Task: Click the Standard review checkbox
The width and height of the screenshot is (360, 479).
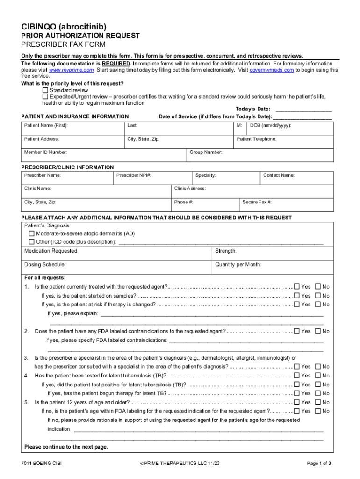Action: [x=45, y=90]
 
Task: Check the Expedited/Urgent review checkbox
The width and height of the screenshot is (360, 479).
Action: [x=45, y=97]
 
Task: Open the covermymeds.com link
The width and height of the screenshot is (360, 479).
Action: [x=272, y=70]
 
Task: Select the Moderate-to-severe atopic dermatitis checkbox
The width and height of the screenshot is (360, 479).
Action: [x=32, y=233]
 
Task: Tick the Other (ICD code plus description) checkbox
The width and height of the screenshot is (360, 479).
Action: [x=32, y=242]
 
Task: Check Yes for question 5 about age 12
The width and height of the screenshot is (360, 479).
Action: [x=296, y=402]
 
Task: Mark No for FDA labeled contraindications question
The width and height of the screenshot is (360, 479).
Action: [x=318, y=331]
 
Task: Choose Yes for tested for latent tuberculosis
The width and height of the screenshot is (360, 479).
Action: [x=296, y=376]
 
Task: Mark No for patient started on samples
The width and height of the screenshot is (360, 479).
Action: [x=318, y=296]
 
